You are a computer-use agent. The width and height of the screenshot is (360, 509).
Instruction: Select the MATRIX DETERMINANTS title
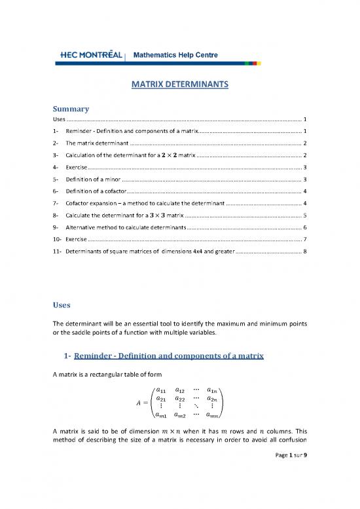[x=179, y=84]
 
